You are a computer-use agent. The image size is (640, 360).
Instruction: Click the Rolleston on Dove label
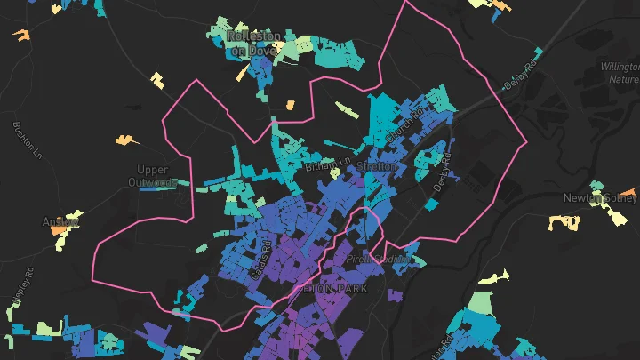[254, 44]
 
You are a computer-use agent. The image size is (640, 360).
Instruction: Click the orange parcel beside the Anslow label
[59, 229]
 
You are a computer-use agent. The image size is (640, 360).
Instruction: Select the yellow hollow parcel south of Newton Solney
[564, 221]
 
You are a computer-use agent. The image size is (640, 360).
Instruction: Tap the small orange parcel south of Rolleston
[289, 105]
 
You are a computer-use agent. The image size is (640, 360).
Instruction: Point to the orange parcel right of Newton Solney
[629, 193]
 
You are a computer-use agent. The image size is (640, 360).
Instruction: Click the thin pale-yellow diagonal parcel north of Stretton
[347, 109]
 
